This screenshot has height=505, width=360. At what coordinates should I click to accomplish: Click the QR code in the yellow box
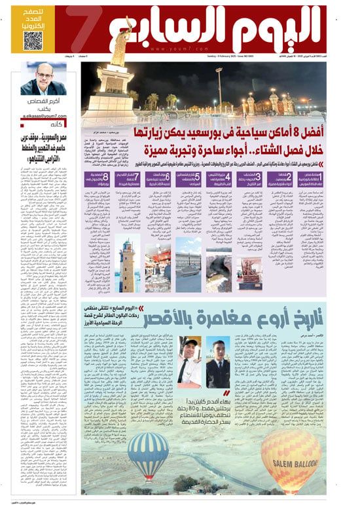pyautogui.click(x=33, y=41)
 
